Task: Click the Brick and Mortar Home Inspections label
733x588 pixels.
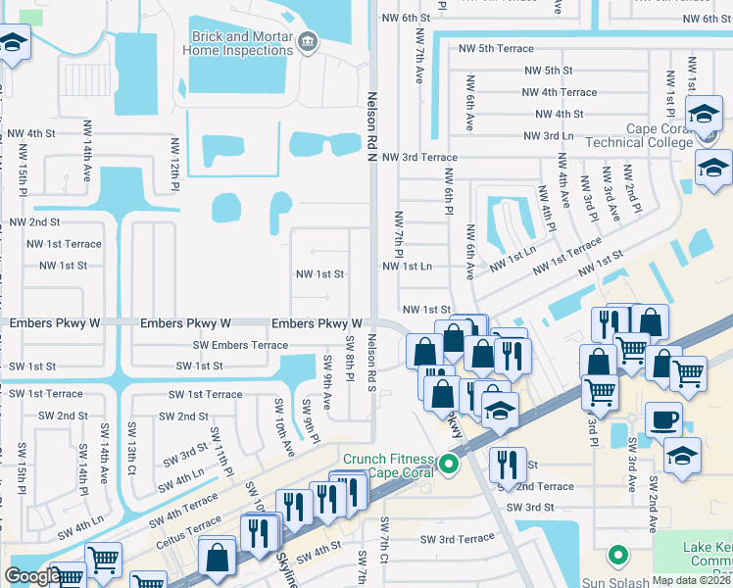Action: pos(241,43)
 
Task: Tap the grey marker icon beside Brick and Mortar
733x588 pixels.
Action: pos(308,41)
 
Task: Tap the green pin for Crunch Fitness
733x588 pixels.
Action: pos(450,464)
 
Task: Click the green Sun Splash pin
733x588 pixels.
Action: pos(616,555)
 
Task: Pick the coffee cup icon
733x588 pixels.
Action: pos(662,420)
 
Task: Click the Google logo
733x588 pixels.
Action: pos(32,576)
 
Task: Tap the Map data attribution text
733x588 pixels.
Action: pos(691,580)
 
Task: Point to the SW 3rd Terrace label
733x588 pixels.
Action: pos(458,539)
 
